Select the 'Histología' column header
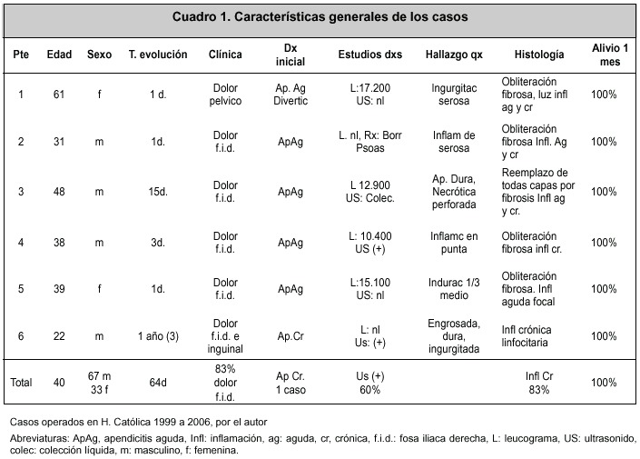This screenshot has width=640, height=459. [538, 55]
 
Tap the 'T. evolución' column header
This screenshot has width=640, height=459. [158, 55]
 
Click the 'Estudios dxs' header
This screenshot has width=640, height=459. [369, 55]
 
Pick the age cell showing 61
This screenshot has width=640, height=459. [59, 95]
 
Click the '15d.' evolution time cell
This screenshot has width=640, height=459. [158, 192]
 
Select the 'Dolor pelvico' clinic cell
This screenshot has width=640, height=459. [225, 95]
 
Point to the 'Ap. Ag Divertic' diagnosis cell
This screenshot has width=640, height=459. [290, 95]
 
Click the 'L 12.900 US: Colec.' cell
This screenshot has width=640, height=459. [369, 192]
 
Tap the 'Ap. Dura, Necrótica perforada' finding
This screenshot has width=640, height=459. [454, 192]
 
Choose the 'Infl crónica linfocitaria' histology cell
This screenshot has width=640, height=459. [527, 336]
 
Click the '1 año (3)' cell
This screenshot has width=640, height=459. [158, 336]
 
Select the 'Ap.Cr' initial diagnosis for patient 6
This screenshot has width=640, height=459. [290, 336]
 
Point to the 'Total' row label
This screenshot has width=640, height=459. [21, 383]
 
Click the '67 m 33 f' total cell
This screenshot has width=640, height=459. [99, 383]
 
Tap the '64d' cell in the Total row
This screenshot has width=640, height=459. [158, 383]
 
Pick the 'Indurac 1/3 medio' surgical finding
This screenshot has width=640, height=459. [454, 289]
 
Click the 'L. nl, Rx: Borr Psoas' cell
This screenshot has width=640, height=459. [369, 142]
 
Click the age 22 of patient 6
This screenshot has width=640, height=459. [59, 336]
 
